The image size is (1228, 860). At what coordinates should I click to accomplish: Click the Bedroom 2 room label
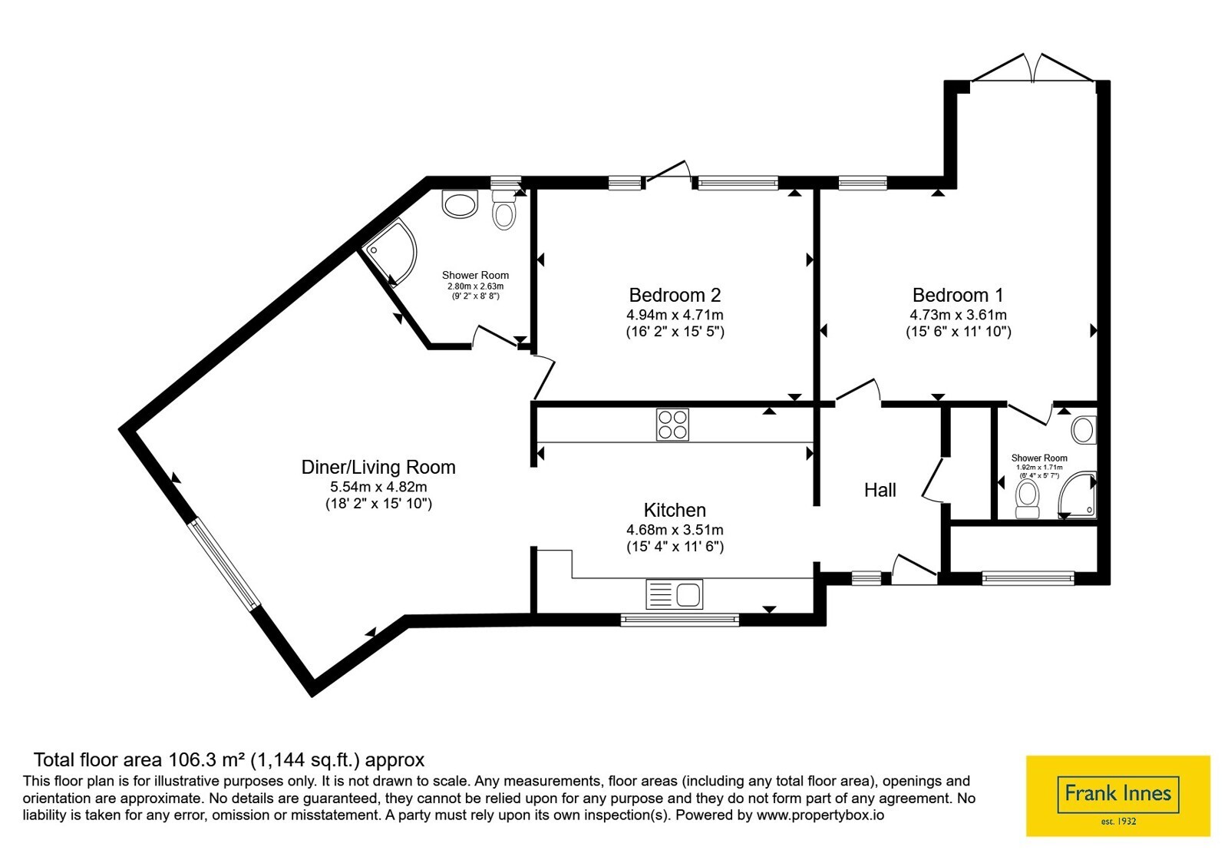[x=675, y=295]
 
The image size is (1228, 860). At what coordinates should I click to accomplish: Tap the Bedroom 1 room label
[x=958, y=295]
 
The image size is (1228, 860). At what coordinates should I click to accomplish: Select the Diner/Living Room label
[x=378, y=468]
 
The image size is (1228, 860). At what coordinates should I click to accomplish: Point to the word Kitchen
[x=675, y=510]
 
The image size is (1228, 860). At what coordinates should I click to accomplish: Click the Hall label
[x=880, y=490]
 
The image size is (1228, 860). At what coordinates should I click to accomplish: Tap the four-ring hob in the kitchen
[x=672, y=425]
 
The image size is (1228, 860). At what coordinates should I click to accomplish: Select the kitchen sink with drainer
[x=675, y=594]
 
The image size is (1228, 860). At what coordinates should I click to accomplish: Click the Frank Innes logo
[x=1117, y=795]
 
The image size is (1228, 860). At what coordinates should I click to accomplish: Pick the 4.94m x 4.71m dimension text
[x=675, y=315]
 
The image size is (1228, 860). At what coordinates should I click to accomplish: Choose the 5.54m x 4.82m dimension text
[x=378, y=487]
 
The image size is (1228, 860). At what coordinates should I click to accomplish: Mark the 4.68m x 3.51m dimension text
[x=675, y=530]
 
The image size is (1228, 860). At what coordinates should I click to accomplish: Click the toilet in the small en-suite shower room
[x=1028, y=500]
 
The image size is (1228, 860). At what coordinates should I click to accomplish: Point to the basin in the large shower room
[x=460, y=204]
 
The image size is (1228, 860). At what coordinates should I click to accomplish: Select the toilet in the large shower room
[x=503, y=210]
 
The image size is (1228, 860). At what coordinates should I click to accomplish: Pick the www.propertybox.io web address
[x=820, y=815]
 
